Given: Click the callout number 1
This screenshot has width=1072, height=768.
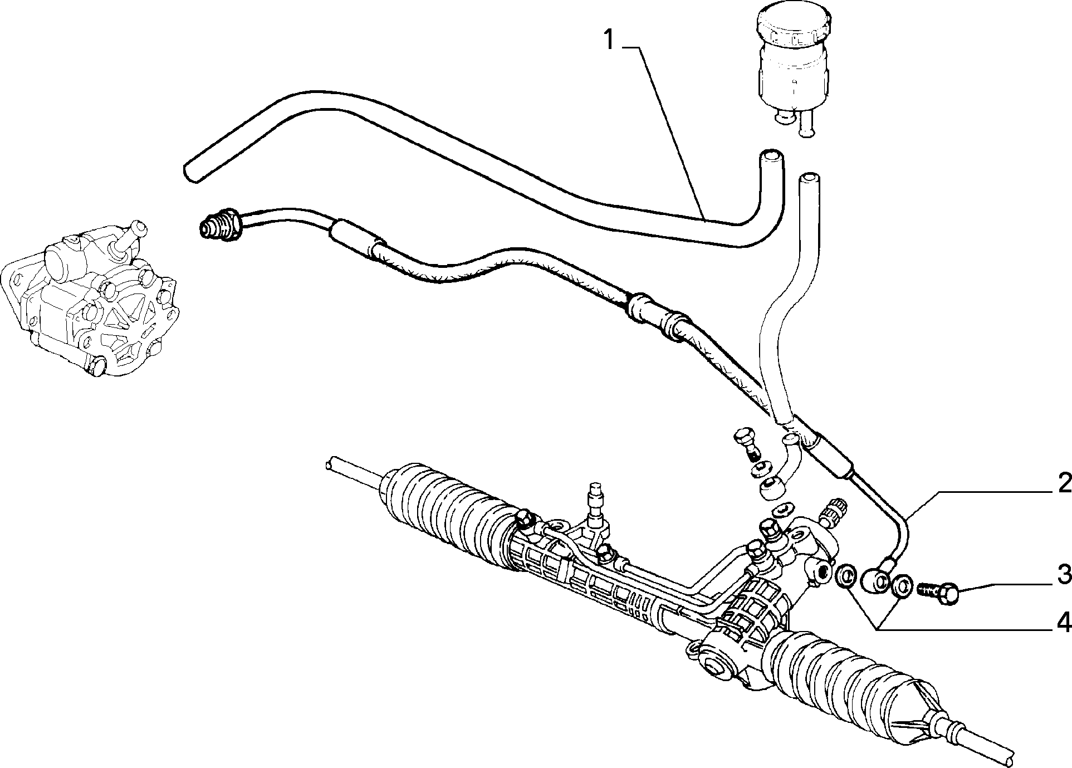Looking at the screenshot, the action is pyautogui.click(x=610, y=41).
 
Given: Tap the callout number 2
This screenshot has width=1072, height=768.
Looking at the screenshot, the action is pyautogui.click(x=1064, y=483).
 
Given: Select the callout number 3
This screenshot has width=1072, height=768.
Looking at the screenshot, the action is pyautogui.click(x=1064, y=575).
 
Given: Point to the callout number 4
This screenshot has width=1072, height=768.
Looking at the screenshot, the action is pyautogui.click(x=1064, y=622).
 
